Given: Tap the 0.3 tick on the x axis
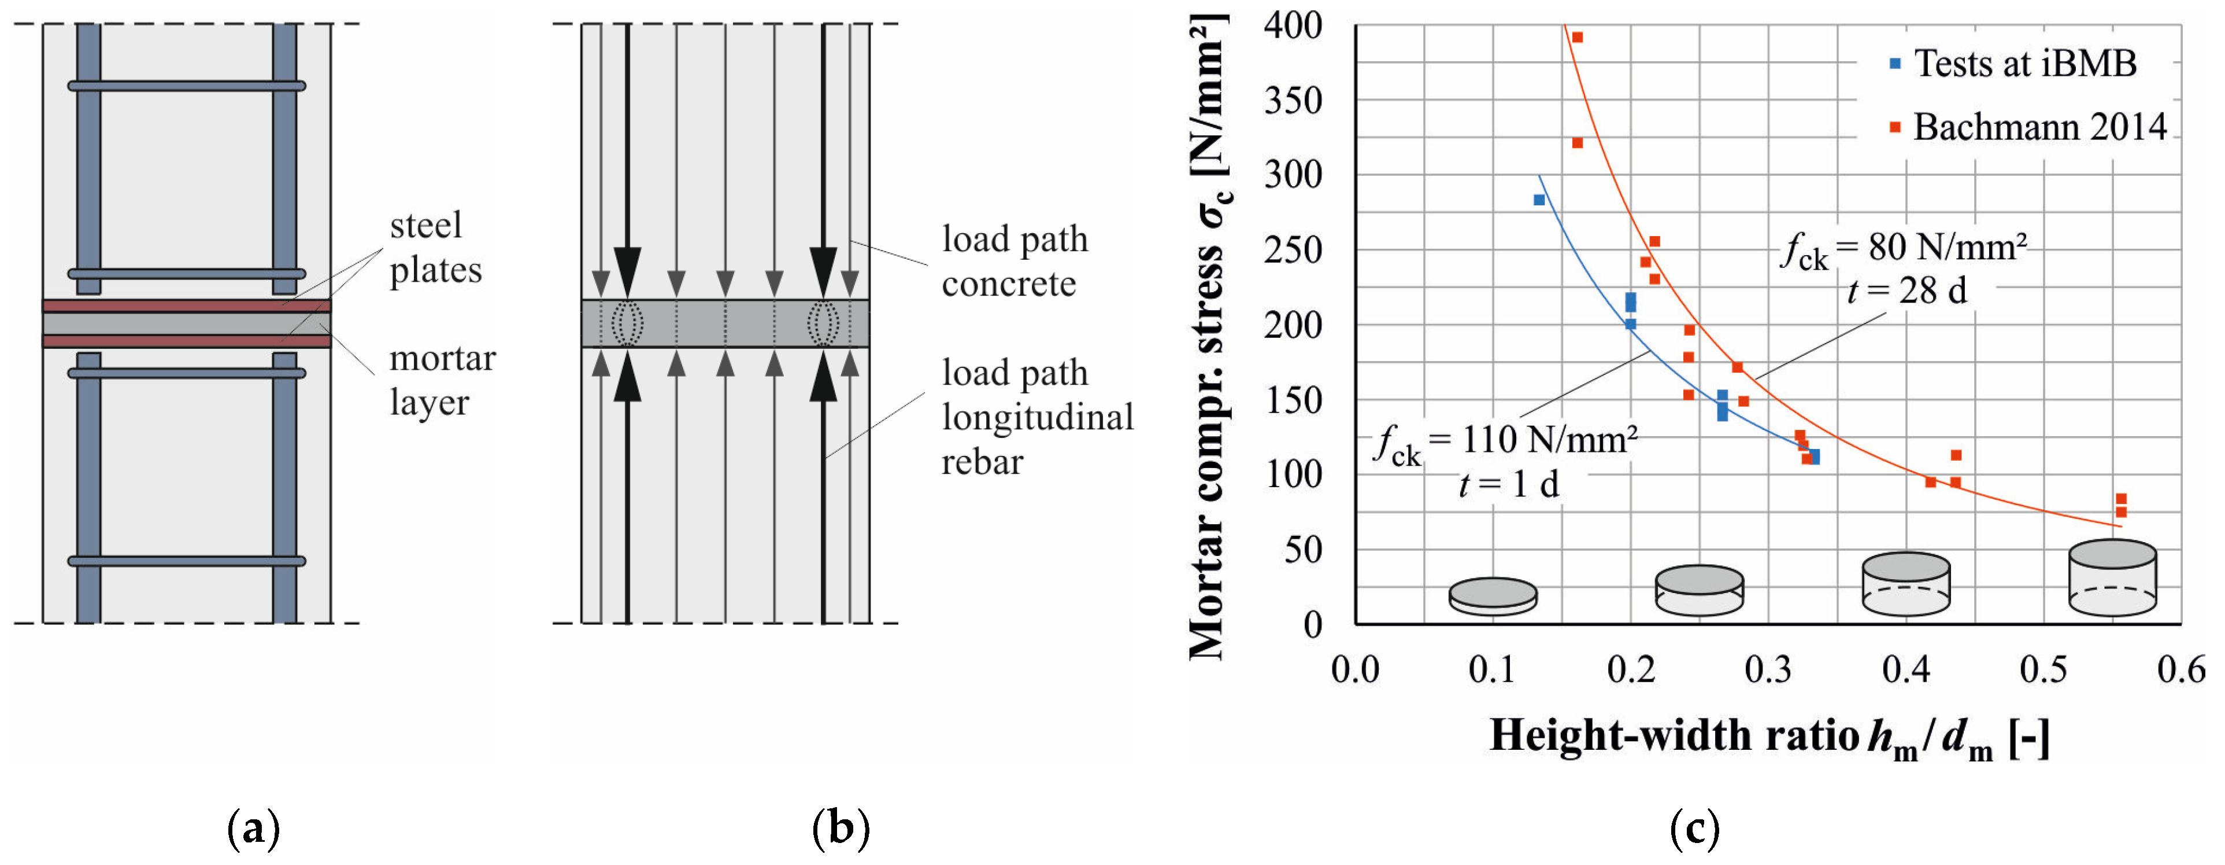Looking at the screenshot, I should pyautogui.click(x=1768, y=669).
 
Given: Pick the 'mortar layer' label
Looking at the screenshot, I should pyautogui.click(x=442, y=380).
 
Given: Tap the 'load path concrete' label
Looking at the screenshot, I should pyautogui.click(x=1014, y=261).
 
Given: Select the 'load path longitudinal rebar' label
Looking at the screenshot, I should pyautogui.click(x=1036, y=417).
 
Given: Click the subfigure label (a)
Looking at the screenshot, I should pyautogui.click(x=253, y=829).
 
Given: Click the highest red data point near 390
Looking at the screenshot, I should pyautogui.click(x=1577, y=37).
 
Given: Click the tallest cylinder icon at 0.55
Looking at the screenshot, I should pyautogui.click(x=2112, y=577).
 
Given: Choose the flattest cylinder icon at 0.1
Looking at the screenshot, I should pyautogui.click(x=1493, y=597).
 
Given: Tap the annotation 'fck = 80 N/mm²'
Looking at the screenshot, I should pyautogui.click(x=1905, y=248).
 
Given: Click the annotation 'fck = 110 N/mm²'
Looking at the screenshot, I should pyautogui.click(x=1507, y=441).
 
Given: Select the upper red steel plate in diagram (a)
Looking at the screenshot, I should pyautogui.click(x=187, y=306).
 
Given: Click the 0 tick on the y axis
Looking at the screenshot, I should pyautogui.click(x=1312, y=624).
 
